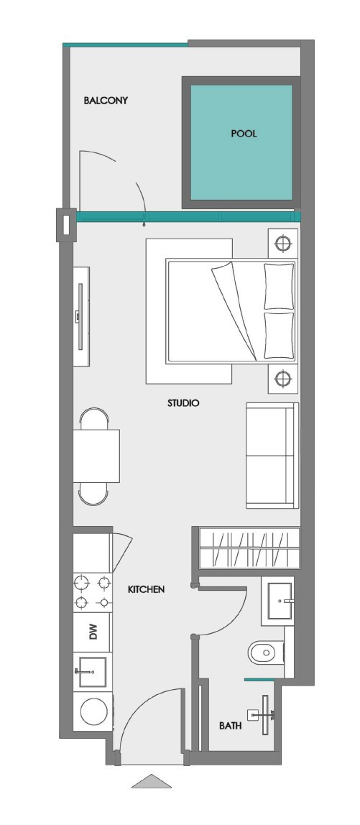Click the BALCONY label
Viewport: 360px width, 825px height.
[x=106, y=101]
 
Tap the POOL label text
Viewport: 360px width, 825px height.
[x=244, y=134]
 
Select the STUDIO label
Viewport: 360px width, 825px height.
[x=183, y=403]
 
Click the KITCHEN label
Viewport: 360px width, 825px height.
[x=147, y=589]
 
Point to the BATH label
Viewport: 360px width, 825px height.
[x=230, y=727]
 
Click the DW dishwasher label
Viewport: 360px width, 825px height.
[x=93, y=632]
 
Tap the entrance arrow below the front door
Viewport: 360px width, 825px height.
[x=152, y=781]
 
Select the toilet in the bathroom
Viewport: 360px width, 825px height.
[x=264, y=653]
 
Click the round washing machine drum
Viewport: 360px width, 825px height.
[x=93, y=712]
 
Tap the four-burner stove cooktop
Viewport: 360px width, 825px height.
[x=93, y=591]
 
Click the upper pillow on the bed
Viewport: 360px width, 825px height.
[x=279, y=286]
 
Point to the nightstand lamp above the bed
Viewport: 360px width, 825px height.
[x=283, y=242]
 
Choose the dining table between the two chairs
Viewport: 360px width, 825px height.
[x=96, y=456]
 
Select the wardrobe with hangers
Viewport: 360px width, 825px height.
[x=248, y=548]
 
